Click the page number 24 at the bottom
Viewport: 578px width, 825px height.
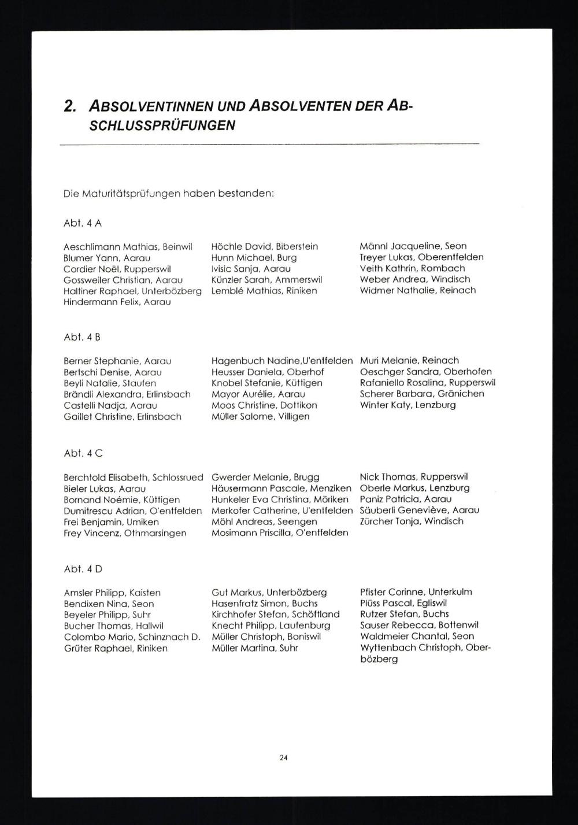click(x=283, y=757)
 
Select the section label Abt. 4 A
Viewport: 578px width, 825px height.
click(x=83, y=223)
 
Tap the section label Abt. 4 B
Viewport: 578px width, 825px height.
click(x=83, y=337)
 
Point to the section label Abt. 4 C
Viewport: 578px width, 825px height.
click(x=83, y=453)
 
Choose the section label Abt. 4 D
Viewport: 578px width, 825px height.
click(x=83, y=569)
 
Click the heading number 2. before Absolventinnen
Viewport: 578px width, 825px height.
click(x=71, y=107)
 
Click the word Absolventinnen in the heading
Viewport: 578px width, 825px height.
click(x=151, y=107)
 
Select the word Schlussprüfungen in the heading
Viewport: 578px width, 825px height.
click(x=162, y=125)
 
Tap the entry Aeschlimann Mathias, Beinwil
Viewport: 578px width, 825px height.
click(x=128, y=246)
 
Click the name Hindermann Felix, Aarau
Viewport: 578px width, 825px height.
click(x=117, y=302)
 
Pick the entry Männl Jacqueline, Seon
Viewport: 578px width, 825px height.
click(x=413, y=246)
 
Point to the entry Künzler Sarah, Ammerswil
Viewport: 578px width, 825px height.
click(x=266, y=279)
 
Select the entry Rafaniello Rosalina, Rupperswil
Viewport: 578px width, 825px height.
click(x=427, y=382)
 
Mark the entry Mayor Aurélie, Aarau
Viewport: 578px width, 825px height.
click(x=258, y=394)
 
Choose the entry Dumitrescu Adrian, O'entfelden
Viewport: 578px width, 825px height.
click(x=133, y=510)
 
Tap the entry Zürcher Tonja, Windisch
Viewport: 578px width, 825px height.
click(x=411, y=521)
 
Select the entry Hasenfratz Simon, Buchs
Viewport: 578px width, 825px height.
click(x=264, y=603)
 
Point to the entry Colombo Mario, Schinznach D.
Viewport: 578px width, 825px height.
click(x=132, y=637)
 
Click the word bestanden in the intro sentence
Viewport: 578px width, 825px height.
click(x=245, y=194)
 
